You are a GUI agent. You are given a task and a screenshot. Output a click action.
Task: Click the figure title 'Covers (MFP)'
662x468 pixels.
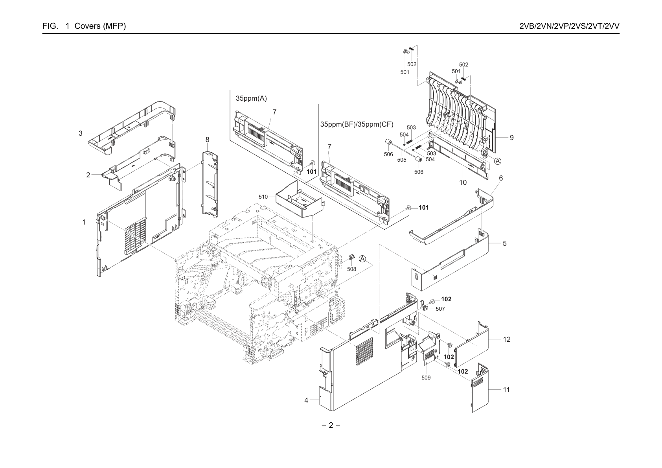pos(100,26)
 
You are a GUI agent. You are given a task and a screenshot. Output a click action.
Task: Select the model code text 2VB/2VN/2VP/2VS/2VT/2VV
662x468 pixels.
pos(570,26)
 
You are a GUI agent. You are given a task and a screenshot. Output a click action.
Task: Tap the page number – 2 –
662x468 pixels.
pos(331,425)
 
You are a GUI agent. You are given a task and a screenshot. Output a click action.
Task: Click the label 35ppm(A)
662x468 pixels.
pos(251,98)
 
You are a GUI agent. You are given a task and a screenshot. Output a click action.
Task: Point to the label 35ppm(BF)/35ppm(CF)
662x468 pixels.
pos(357,124)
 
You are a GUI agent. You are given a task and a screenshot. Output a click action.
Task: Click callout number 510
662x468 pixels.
pos(263,197)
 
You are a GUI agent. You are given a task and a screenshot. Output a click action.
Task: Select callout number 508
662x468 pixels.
pos(351,269)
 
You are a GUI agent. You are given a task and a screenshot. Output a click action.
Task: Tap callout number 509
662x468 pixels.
pos(426,378)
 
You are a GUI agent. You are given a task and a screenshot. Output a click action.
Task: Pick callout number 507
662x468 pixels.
pos(440,309)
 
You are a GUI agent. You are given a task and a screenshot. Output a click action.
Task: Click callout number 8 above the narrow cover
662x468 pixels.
pos(207,140)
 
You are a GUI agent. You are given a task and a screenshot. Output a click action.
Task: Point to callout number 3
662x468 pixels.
pos(80,133)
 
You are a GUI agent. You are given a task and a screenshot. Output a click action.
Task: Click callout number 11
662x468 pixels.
pos(506,390)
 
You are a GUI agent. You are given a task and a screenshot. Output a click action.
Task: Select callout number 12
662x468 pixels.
pos(507,339)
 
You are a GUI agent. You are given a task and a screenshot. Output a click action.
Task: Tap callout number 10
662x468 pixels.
pos(463,182)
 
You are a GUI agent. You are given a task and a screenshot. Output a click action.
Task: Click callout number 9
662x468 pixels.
pos(511,138)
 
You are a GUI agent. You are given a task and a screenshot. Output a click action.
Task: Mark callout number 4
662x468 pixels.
pos(306,400)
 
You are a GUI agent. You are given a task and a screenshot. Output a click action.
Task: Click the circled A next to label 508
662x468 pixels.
pos(362,259)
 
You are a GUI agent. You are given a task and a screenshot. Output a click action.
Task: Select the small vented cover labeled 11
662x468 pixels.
pos(480,388)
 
